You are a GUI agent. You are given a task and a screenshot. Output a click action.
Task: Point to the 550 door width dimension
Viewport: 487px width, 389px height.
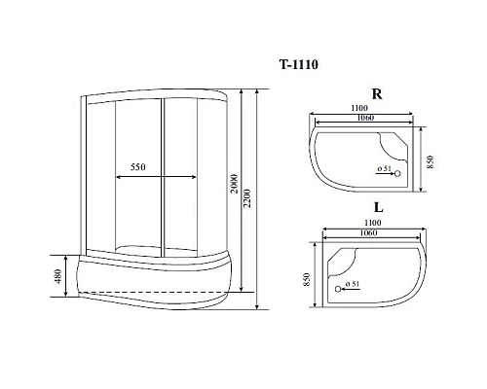137,167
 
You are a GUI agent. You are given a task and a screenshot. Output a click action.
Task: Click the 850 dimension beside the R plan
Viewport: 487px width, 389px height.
430,160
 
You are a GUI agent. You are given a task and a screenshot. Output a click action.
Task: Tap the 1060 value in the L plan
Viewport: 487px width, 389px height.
364,234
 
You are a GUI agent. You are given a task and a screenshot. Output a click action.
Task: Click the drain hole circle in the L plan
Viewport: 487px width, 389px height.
338,288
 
